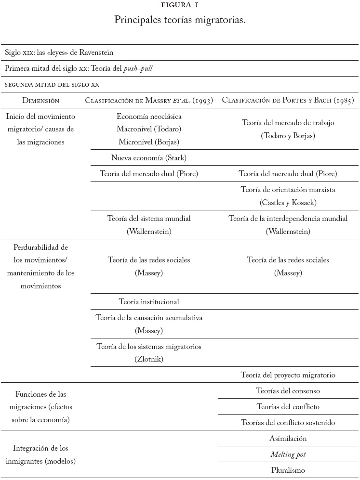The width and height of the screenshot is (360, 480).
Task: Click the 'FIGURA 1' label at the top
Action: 180,5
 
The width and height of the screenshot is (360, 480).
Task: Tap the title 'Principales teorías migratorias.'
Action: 180,20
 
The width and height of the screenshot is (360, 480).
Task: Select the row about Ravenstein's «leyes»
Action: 59,52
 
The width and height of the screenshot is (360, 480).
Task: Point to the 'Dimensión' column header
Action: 41,101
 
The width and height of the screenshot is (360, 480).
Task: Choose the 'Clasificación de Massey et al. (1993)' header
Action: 149,101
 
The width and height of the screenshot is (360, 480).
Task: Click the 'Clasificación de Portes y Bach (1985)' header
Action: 288,101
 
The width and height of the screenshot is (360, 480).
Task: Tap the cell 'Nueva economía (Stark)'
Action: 149,157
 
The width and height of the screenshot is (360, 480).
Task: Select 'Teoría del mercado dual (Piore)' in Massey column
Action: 149,173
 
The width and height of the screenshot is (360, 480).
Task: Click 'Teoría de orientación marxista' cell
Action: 288,190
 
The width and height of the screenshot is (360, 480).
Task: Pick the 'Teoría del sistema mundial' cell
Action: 149,219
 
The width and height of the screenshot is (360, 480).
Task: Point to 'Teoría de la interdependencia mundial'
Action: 288,219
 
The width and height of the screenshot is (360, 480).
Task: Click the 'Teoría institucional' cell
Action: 149,301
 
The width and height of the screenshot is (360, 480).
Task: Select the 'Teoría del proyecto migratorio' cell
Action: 288,375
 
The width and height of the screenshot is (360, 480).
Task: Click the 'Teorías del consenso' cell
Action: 288,391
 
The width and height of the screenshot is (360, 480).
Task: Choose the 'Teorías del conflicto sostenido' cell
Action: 288,423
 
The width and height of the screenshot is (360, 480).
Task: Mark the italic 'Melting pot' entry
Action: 288,454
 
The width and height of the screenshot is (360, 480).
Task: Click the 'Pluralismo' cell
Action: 288,470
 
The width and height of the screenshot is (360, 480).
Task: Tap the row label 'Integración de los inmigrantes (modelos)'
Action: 41,454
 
